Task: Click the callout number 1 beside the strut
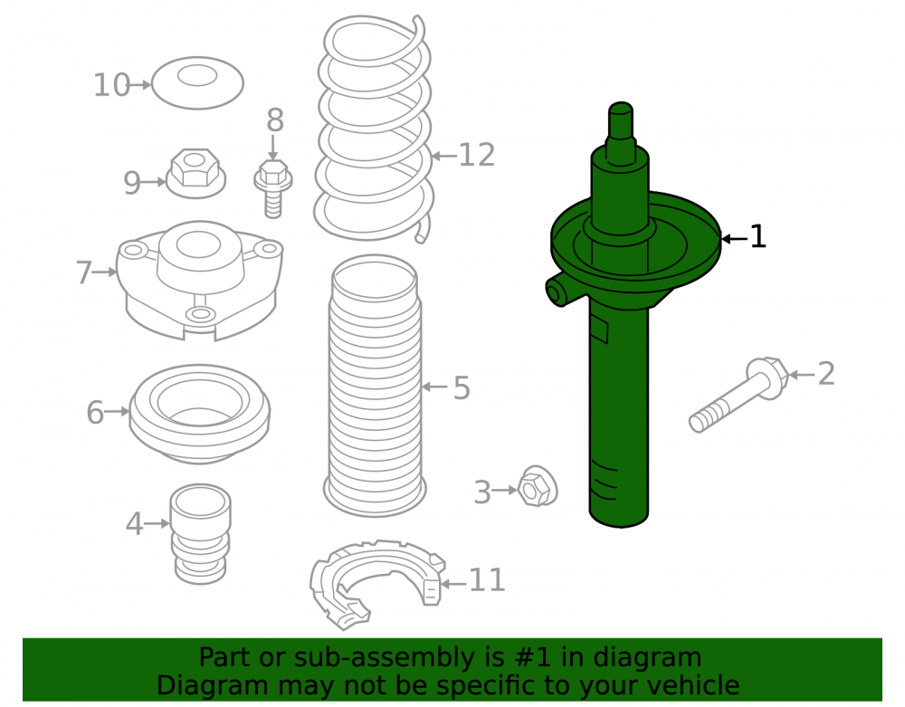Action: pos(757,237)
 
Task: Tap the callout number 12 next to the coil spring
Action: pos(477,156)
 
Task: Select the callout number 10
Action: pos(111,85)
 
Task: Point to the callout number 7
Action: pos(83,272)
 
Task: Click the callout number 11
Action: pos(487,580)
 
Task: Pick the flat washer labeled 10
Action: pos(197,83)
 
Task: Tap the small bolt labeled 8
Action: pos(273,188)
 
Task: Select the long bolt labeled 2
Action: pos(738,395)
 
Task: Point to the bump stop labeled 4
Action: pos(200,534)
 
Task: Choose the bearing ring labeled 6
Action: pos(199,414)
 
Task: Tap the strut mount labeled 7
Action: pos(200,281)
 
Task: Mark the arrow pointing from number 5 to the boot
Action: pos(434,387)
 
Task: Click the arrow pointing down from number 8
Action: pos(273,148)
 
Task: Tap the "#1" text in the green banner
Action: pos(532,657)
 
